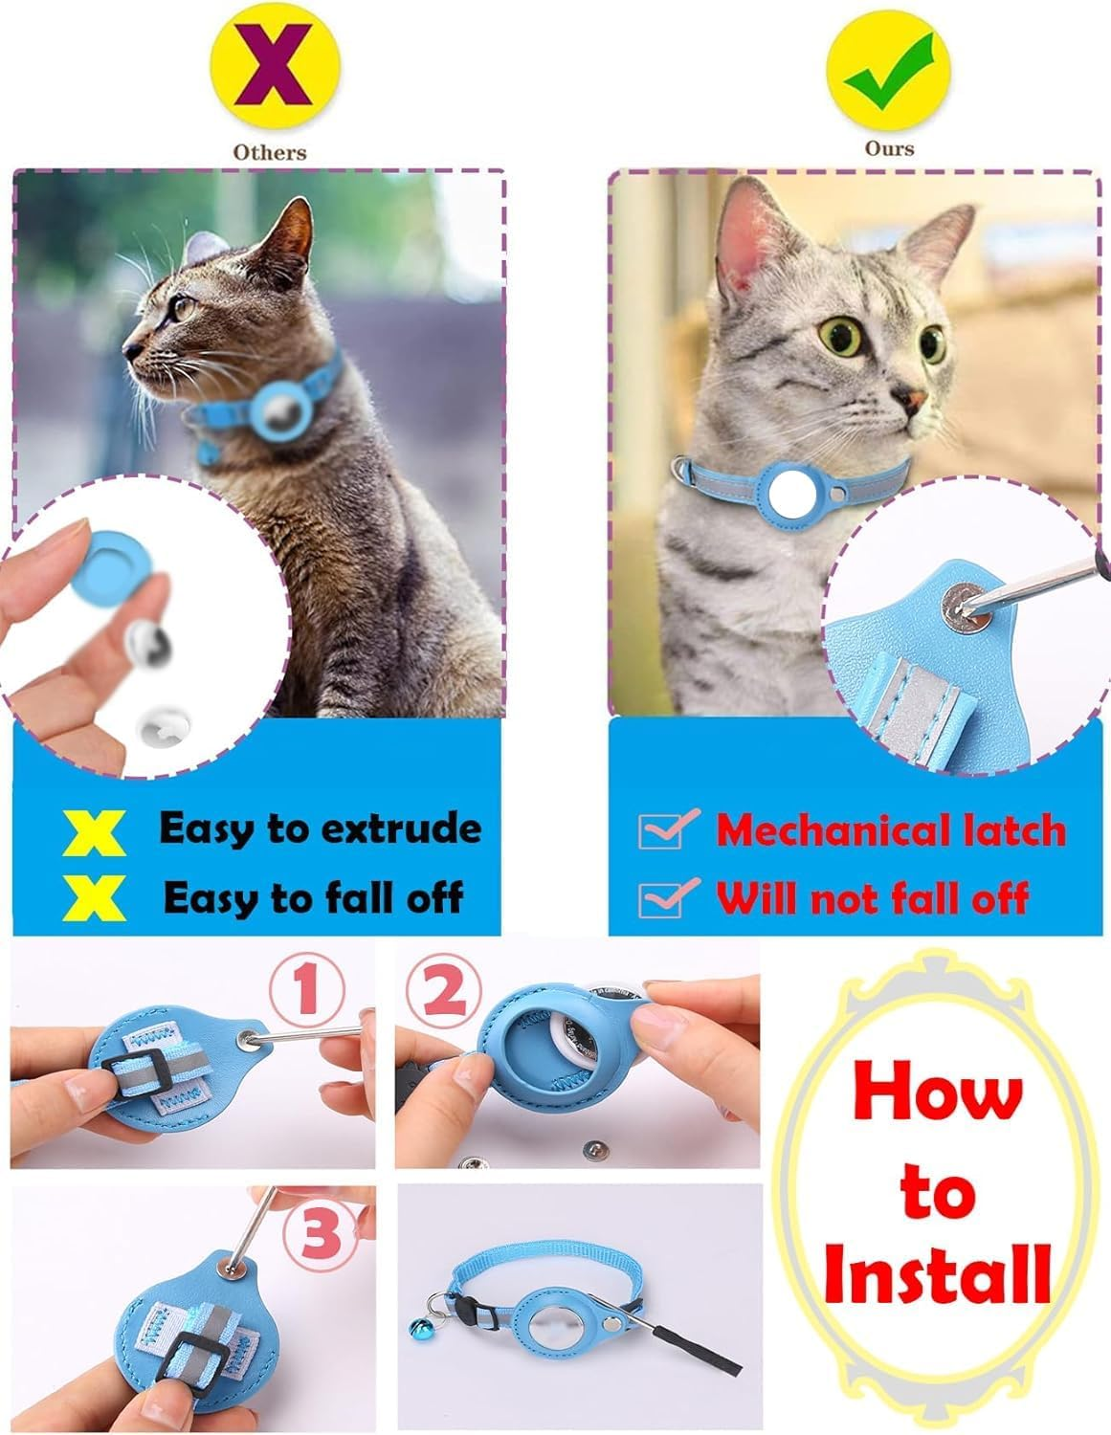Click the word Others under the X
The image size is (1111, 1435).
[x=271, y=151]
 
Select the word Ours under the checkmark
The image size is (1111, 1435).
[x=889, y=148]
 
